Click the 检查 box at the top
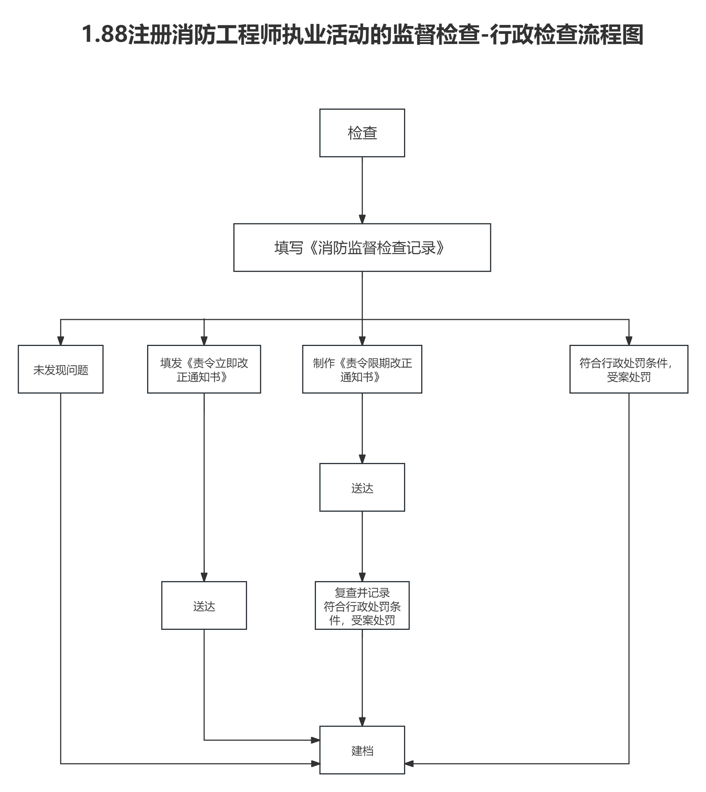[362, 133]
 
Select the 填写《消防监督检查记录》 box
[362, 248]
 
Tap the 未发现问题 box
[61, 369]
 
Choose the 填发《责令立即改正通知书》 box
[204, 369]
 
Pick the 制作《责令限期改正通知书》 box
[362, 369]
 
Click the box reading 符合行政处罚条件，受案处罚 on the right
[629, 369]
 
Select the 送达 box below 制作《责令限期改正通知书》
[362, 488]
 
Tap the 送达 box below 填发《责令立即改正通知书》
[204, 606]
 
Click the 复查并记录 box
[362, 606]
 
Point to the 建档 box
[362, 751]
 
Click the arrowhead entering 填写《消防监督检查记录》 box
[362, 219]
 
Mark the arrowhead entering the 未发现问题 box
[61, 340]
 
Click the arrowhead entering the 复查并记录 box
[362, 577]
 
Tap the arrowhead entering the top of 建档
[362, 722]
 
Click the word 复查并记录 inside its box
[362, 593]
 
